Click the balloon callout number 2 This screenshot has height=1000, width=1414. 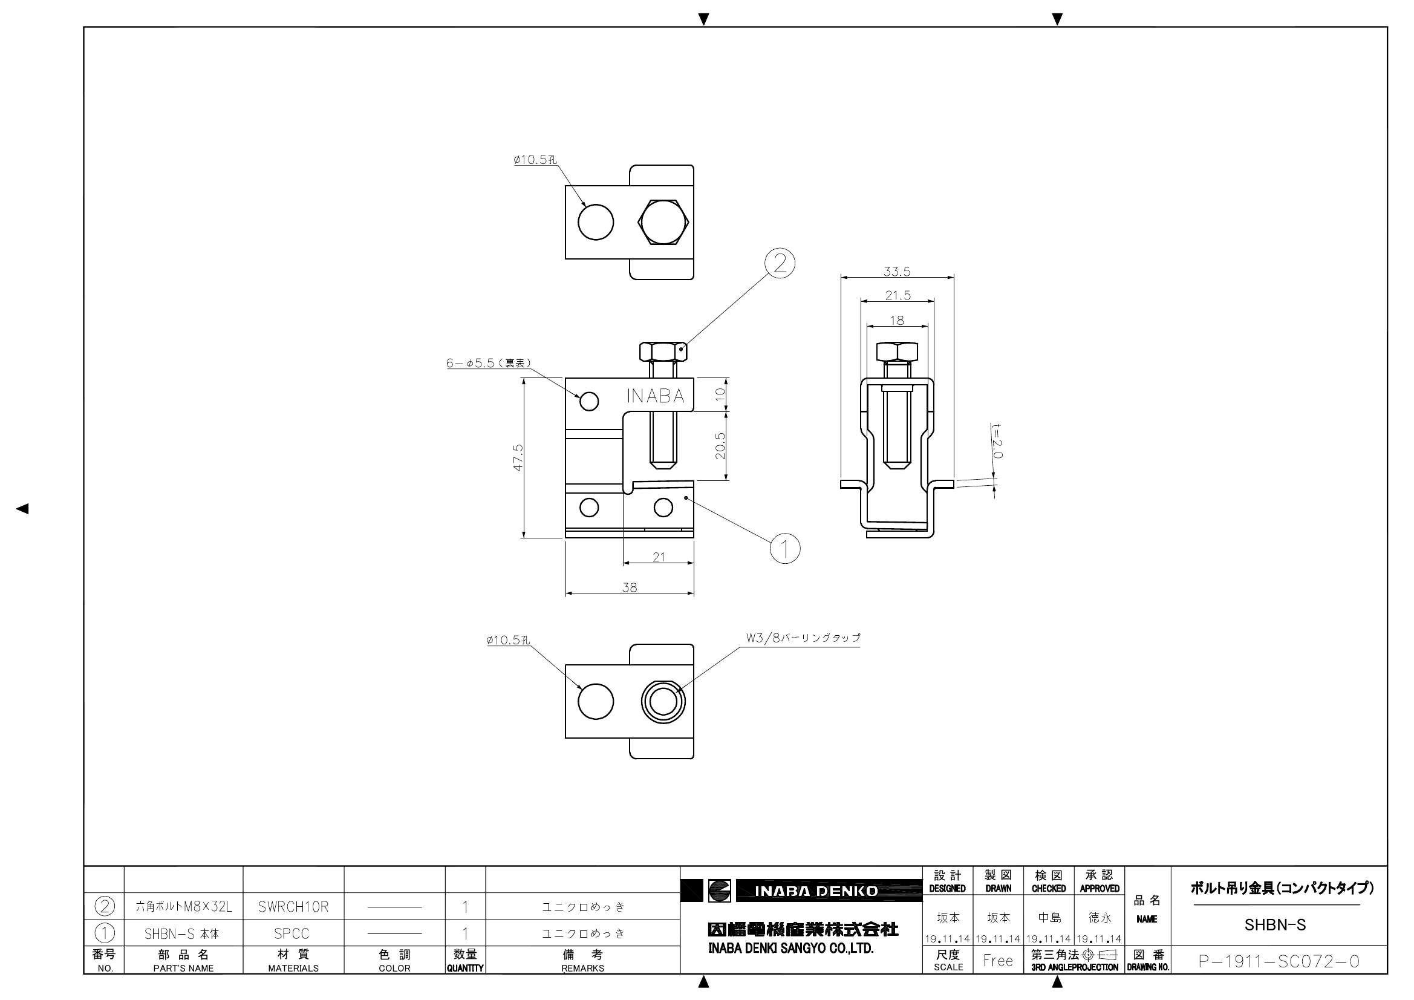pyautogui.click(x=780, y=264)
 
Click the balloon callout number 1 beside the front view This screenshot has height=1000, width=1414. pyautogui.click(x=785, y=547)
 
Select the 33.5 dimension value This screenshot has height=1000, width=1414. pyautogui.click(x=897, y=271)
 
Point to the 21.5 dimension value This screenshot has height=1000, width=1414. pyautogui.click(x=898, y=295)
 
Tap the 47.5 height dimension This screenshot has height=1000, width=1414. pyautogui.click(x=518, y=458)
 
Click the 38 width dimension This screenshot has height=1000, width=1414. pyautogui.click(x=630, y=587)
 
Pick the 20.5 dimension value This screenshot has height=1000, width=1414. pyautogui.click(x=720, y=445)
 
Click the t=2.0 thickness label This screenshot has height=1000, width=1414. pyautogui.click(x=997, y=440)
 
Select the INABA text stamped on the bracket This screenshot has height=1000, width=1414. pyautogui.click(x=655, y=396)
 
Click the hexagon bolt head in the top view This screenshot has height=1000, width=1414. pyautogui.click(x=663, y=222)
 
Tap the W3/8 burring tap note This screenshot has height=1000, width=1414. pyautogui.click(x=803, y=638)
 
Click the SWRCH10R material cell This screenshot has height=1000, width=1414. pyautogui.click(x=293, y=907)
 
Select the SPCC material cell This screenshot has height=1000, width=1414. pyautogui.click(x=292, y=933)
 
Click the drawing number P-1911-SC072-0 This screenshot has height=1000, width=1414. pyautogui.click(x=1279, y=961)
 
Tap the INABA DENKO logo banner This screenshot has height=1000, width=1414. pyautogui.click(x=801, y=891)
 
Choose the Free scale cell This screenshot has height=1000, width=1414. pyautogui.click(x=998, y=961)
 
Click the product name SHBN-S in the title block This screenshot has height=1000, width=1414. pyautogui.click(x=1276, y=925)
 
